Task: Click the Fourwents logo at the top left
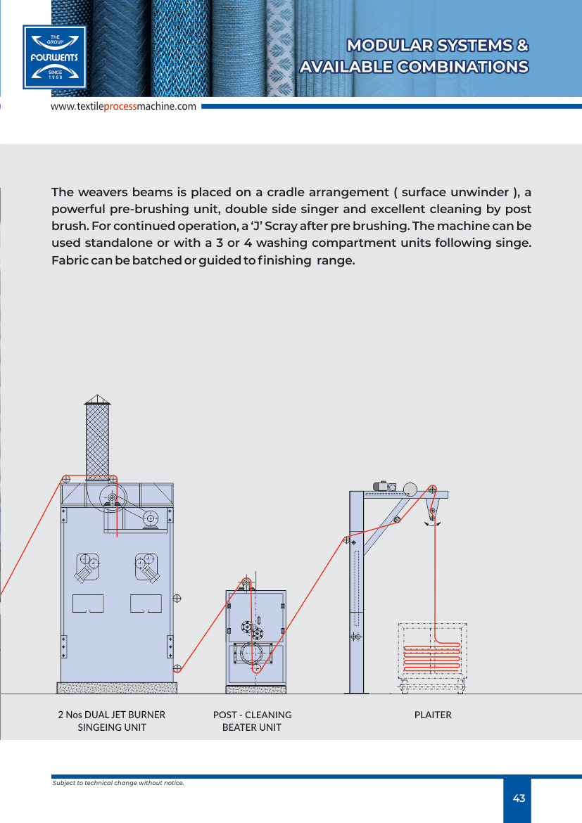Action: [x=54, y=57]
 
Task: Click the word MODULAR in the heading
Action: [x=388, y=46]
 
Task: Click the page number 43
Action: [x=519, y=798]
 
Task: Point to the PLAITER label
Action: [x=433, y=715]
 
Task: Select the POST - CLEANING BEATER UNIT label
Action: [x=252, y=721]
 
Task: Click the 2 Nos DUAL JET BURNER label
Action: [x=111, y=715]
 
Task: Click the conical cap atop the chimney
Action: [x=97, y=399]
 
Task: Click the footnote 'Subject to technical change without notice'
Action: [x=118, y=782]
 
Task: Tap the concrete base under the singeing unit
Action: [x=117, y=687]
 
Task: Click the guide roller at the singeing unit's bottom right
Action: [x=177, y=668]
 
